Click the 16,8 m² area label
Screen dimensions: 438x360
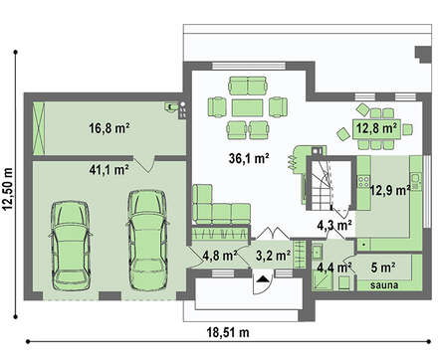(x=109, y=128)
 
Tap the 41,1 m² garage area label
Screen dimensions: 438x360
(x=109, y=170)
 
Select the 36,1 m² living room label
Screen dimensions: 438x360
(x=249, y=158)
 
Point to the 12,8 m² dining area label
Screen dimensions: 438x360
(x=377, y=127)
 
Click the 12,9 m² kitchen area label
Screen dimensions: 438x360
(x=390, y=190)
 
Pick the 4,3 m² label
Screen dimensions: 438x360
(x=334, y=226)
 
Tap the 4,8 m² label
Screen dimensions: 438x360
(x=220, y=256)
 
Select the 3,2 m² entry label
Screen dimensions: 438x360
(x=274, y=256)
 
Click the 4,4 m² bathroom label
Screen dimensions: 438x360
(x=334, y=267)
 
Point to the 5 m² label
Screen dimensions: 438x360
(x=383, y=268)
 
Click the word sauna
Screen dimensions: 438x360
(x=384, y=284)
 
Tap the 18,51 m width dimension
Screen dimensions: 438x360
(x=228, y=332)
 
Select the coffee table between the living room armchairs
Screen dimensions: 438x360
(x=248, y=107)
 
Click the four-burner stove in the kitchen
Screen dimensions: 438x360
(x=363, y=183)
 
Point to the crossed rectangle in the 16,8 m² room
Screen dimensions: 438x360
(x=39, y=128)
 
